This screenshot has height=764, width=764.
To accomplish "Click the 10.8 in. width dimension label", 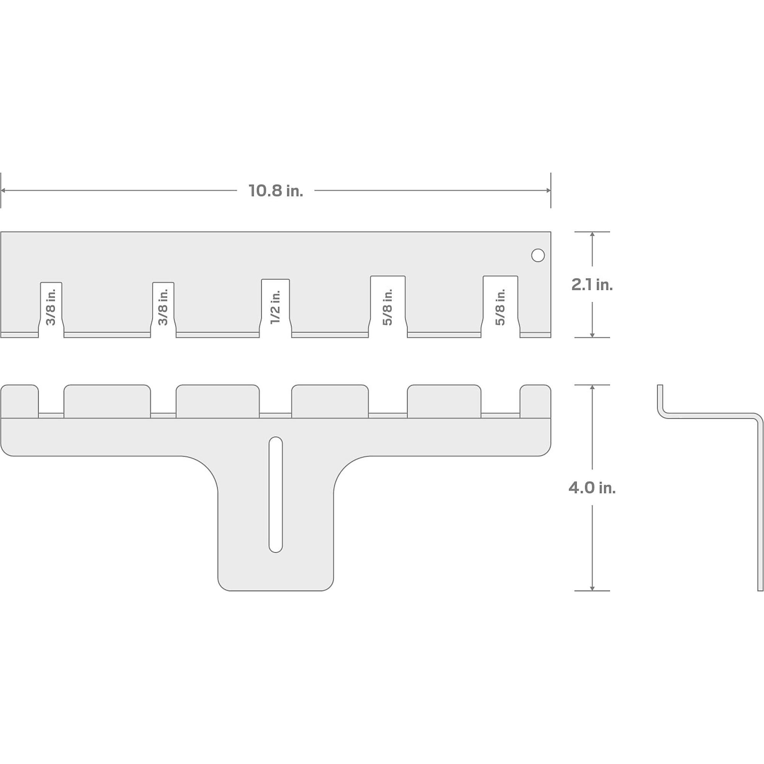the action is tap(276, 191).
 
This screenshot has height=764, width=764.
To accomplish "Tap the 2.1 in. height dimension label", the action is tap(592, 284).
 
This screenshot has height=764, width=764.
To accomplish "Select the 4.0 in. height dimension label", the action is tap(592, 487).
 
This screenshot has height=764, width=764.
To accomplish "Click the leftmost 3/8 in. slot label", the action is tap(51, 307).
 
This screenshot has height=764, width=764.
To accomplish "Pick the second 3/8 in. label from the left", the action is tap(163, 307).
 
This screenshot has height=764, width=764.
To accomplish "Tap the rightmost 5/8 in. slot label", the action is tap(500, 307).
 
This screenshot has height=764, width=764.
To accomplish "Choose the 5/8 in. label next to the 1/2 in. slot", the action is tap(387, 307).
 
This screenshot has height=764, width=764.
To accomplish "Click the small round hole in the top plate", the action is tap(538, 256).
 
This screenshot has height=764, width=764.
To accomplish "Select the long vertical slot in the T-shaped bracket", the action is tap(276, 494).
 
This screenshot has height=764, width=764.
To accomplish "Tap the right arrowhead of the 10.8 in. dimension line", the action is tap(549, 191).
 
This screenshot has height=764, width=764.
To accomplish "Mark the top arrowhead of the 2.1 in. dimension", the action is tap(592, 235).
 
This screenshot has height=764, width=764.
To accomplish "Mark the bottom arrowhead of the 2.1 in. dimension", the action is tap(592, 335).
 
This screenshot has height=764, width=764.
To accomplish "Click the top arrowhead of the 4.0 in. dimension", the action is tap(592, 387).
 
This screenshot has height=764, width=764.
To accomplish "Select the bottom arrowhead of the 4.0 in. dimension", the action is tap(592, 588).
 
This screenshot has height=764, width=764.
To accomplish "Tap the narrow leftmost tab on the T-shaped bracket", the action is tap(20, 401).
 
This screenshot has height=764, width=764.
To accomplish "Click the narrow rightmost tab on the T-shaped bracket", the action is tap(536, 401).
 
